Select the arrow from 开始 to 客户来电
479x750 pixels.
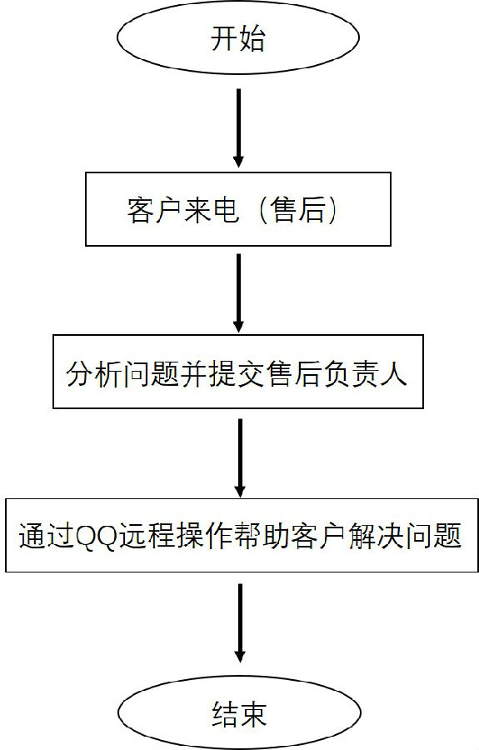click(238, 127)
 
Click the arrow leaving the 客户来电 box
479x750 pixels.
click(238, 292)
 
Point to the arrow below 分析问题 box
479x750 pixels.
click(240, 457)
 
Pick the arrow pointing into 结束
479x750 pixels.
click(240, 622)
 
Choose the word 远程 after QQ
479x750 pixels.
click(145, 536)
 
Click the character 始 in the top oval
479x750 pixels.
click(252, 37)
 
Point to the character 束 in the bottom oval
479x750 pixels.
click(252, 713)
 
